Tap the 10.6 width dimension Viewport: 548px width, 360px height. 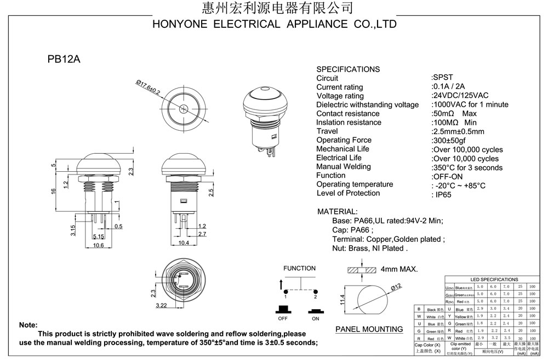pos(99,245)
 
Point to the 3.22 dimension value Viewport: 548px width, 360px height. pos(161,305)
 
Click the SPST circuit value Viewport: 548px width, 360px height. pos(442,78)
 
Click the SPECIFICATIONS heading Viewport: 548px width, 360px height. pos(348,69)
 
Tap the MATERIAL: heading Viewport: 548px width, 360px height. pos(338,211)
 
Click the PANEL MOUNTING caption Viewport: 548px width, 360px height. pos(369,329)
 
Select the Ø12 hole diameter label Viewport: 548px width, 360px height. pos(396,287)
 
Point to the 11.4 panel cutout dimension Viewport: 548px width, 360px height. pos(342,299)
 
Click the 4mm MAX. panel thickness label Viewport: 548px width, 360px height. pos(399,269)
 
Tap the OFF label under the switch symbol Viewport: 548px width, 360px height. pos(283,318)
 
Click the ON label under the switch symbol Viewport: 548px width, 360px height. pos(316,318)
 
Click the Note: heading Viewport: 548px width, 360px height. pos(28,324)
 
